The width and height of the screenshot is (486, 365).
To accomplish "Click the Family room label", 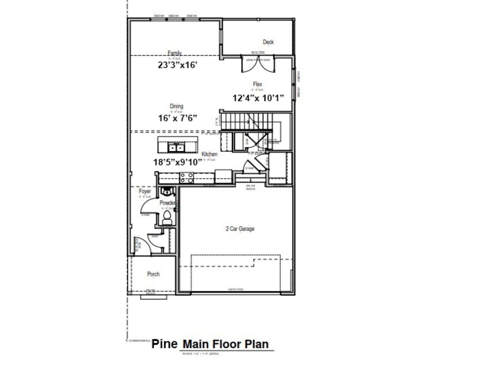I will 175,53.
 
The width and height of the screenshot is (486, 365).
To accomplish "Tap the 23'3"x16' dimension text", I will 178,65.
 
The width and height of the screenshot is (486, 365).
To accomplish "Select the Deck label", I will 268,42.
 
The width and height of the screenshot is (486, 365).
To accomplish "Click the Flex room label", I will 257,84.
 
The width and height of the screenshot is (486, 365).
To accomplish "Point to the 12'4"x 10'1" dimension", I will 258,98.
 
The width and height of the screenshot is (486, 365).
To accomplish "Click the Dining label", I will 176,106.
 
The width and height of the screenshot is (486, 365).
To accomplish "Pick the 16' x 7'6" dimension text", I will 178,118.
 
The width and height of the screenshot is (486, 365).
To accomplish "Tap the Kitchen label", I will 209,154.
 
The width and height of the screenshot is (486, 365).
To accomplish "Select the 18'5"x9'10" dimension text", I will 177,162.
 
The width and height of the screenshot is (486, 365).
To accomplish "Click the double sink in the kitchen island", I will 176,147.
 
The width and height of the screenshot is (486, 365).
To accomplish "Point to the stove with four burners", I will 186,178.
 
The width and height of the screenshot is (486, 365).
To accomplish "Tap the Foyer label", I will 145,192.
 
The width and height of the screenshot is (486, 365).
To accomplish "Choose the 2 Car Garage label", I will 240,229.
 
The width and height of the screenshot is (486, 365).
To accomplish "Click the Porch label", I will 153,274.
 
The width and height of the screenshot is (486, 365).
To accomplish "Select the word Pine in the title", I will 164,344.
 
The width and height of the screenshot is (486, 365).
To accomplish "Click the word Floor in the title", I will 226,344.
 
